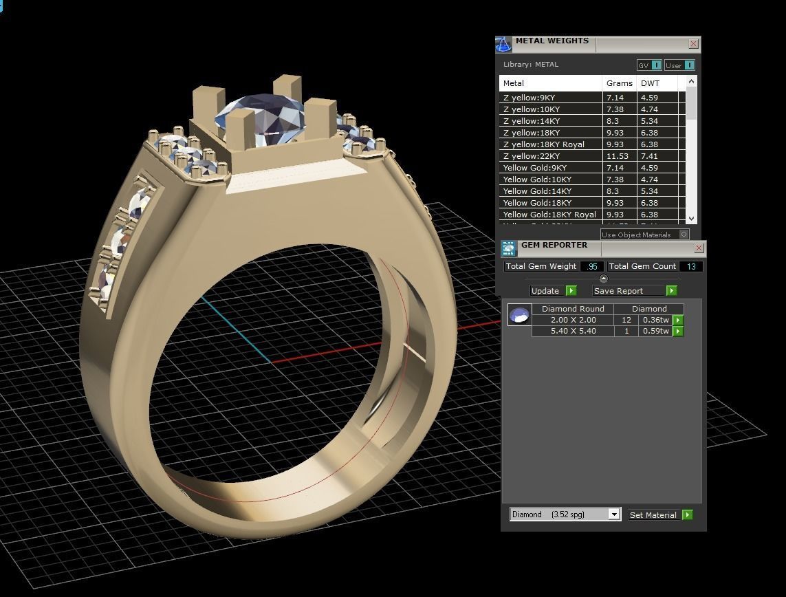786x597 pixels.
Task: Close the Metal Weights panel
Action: click(x=693, y=44)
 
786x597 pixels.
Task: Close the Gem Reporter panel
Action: click(x=699, y=248)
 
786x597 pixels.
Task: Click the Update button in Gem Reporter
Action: click(x=553, y=291)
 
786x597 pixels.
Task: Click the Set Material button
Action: click(x=659, y=515)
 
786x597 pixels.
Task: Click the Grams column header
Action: click(x=619, y=83)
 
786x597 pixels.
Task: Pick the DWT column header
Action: click(x=650, y=83)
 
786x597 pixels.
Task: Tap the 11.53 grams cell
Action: click(x=618, y=156)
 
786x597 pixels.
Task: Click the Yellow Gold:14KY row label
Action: click(x=537, y=191)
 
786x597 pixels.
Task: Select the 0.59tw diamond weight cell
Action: click(x=655, y=332)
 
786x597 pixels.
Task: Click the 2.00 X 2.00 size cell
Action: click(x=573, y=321)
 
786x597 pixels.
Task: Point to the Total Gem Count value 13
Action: click(x=691, y=266)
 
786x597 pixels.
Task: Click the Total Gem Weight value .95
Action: click(x=591, y=266)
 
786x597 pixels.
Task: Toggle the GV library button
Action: click(x=648, y=65)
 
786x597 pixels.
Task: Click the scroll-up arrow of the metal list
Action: click(x=691, y=82)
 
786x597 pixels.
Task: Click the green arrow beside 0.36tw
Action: click(x=678, y=321)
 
